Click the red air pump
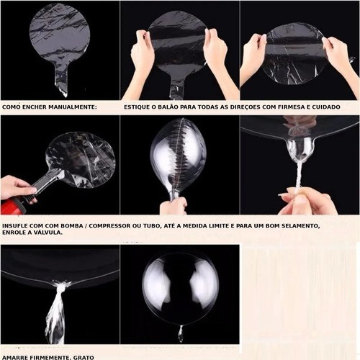pos(13,206)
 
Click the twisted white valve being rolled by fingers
pos(299,175)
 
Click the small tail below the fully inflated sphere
pos(181,333)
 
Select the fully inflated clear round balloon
pos(180,289)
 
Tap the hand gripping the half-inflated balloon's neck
pos(174,206)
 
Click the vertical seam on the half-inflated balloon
pos(179,156)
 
